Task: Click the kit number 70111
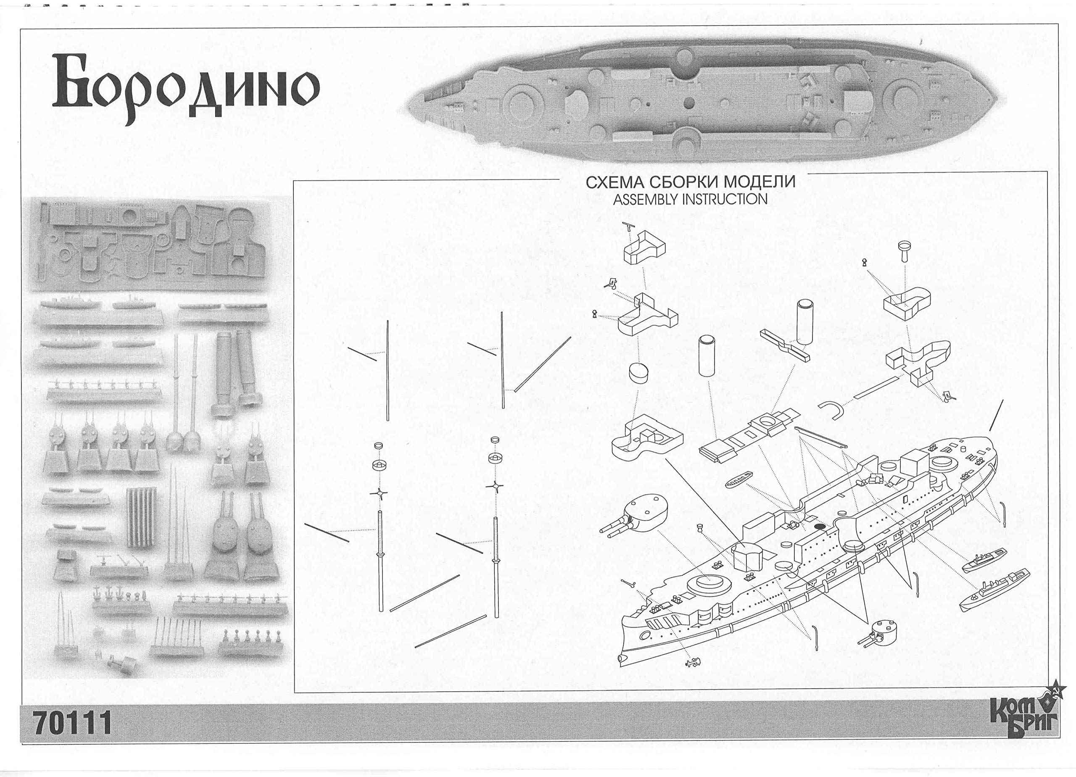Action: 73,723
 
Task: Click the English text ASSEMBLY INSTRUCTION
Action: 690,200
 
